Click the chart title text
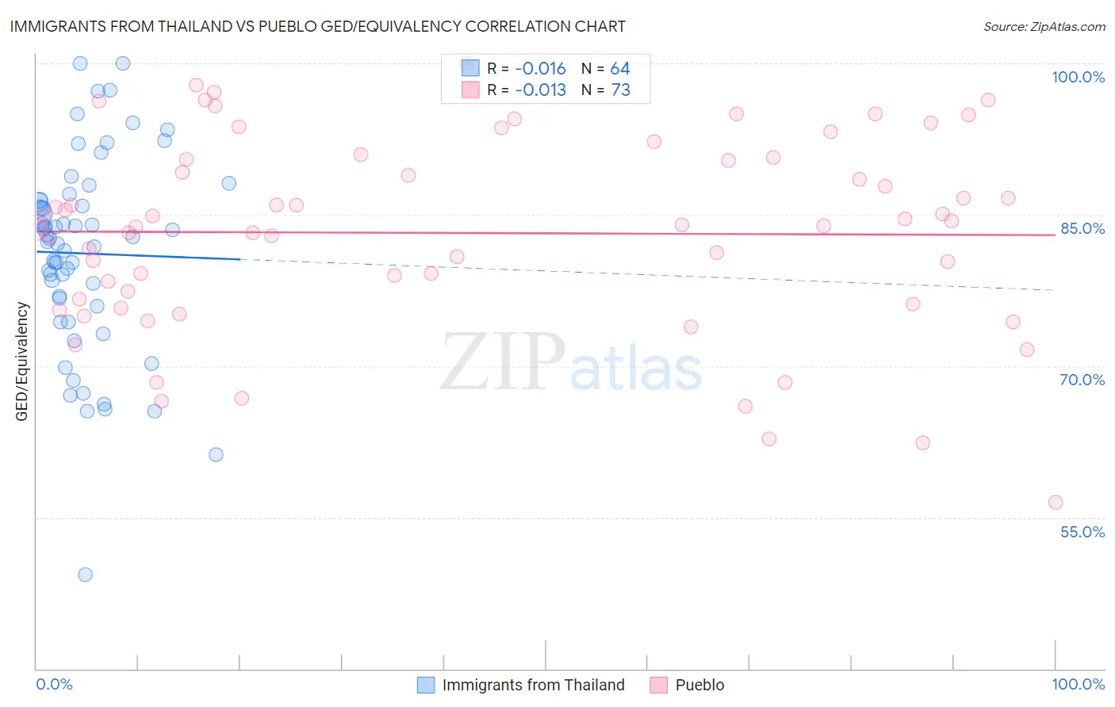coord(318,26)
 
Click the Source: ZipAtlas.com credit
coord(1044,26)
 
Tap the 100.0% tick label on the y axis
coord(1078,77)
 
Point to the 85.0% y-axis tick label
coord(1082,228)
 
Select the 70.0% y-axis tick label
coord(1082,380)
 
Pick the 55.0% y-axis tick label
coord(1082,532)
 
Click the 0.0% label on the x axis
coord(54,684)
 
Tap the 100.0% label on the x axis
coord(1078,684)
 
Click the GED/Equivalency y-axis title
coord(22,361)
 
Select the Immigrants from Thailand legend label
coord(533,685)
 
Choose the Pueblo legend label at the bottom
coord(699,685)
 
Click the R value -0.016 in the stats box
coord(540,69)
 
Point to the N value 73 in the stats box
coord(620,90)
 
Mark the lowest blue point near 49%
coord(85,575)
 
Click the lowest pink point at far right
coord(1055,503)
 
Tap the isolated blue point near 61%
coord(216,455)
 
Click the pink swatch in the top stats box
coord(470,90)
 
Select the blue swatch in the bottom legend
coord(426,685)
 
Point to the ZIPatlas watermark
coord(571,361)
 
